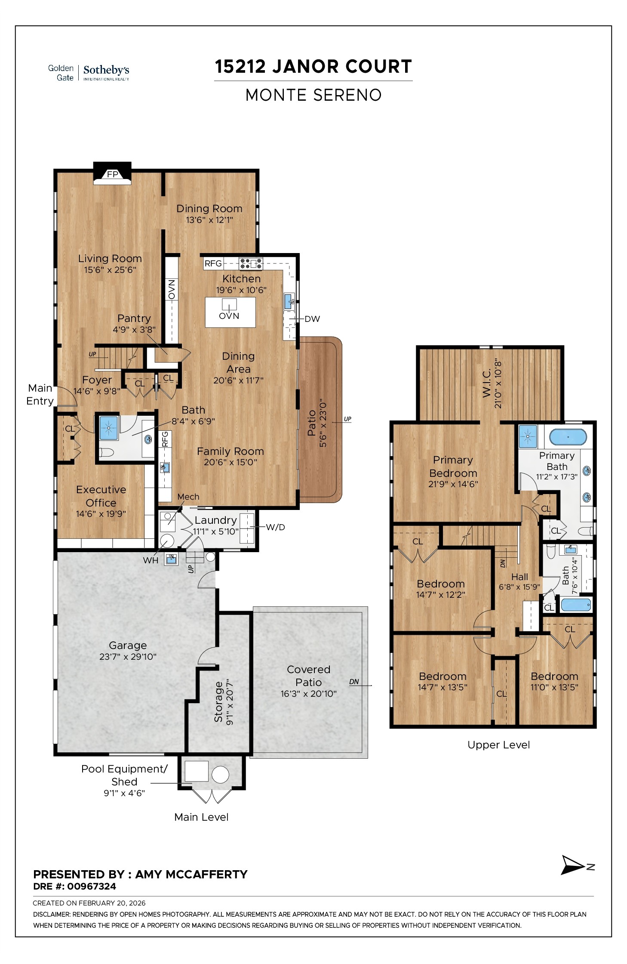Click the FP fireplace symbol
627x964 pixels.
112,174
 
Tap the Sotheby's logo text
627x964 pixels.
106,70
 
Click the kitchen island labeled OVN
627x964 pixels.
230,312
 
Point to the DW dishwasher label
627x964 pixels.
312,319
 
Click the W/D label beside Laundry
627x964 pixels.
275,527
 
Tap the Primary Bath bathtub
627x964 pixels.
568,437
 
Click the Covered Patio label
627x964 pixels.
308,676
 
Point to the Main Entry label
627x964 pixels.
40,394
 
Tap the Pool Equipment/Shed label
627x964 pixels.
124,775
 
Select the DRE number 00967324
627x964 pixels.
92,887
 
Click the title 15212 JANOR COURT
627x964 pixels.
313,67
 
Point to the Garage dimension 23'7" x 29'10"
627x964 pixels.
128,657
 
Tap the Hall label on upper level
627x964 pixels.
519,577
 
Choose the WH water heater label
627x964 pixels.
151,560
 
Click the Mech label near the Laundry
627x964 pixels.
188,497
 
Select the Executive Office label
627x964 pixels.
101,496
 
